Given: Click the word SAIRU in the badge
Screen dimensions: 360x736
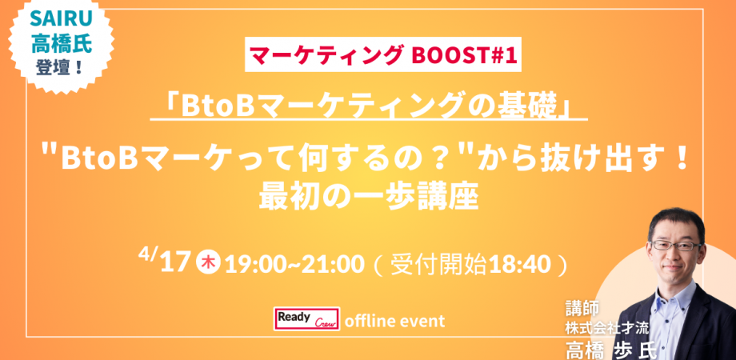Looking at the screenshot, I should (61, 18).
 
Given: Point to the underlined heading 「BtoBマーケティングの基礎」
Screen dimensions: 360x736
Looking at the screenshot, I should (369, 106).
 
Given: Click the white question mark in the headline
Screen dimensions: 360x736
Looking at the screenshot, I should (438, 160).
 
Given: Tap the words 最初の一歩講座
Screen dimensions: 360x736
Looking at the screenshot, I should (368, 196).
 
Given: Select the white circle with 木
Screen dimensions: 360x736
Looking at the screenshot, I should (208, 262).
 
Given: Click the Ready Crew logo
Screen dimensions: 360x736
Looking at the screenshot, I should (307, 319).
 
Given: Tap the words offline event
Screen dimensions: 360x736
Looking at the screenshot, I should (394, 321).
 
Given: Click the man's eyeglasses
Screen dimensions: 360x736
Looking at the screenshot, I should (674, 246).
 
